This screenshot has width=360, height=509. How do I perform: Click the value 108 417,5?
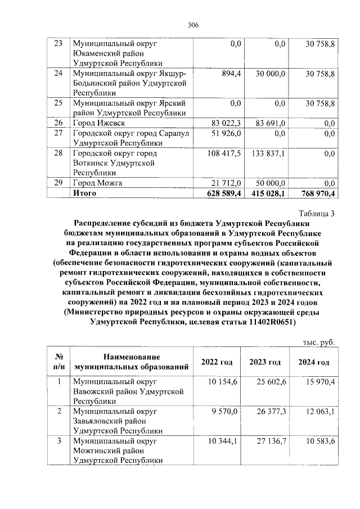[223, 154]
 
